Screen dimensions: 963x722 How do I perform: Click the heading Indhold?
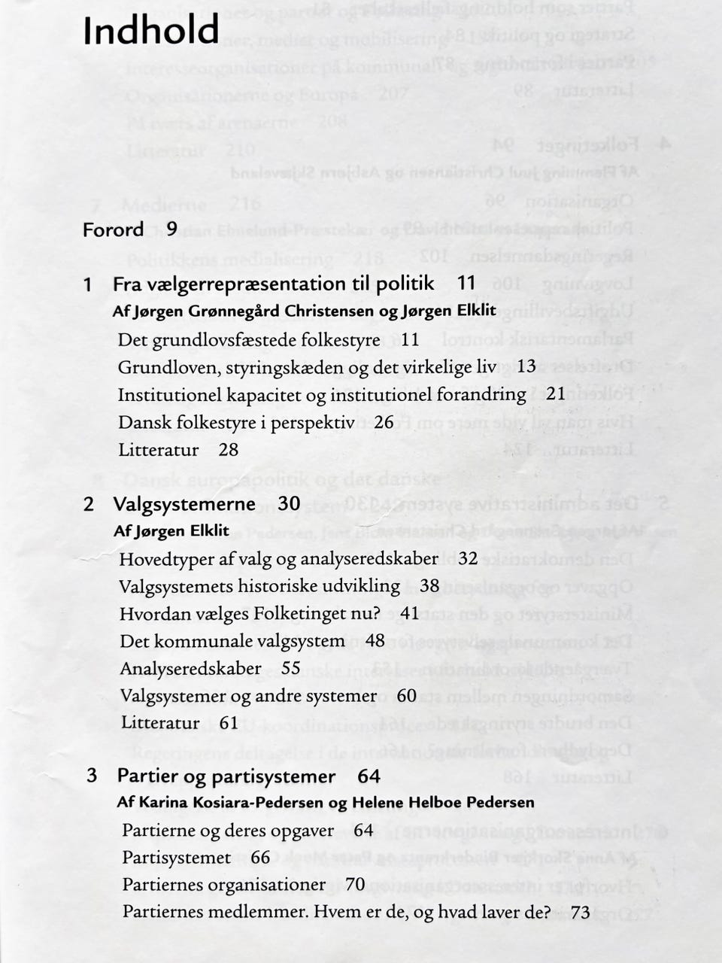pyautogui.click(x=151, y=31)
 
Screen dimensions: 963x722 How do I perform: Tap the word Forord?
pyautogui.click(x=114, y=229)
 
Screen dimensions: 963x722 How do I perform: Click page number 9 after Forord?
pyautogui.click(x=172, y=229)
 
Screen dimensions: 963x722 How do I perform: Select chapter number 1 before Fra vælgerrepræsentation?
pyautogui.click(x=88, y=284)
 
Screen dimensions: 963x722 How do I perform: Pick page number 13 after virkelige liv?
pyautogui.click(x=526, y=366)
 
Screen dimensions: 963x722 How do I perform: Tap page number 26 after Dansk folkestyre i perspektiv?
pyautogui.click(x=384, y=422)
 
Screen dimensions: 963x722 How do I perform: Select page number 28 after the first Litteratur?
pyautogui.click(x=229, y=450)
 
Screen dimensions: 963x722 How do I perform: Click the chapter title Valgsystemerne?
pyautogui.click(x=184, y=503)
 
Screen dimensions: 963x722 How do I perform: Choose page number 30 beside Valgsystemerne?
pyautogui.click(x=289, y=503)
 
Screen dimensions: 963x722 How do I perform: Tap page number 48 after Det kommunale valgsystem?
pyautogui.click(x=375, y=641)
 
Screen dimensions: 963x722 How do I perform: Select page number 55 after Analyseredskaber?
pyautogui.click(x=291, y=668)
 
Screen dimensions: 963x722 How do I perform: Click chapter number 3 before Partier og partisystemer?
pyautogui.click(x=92, y=775)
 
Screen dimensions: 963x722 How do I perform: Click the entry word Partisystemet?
pyautogui.click(x=176, y=858)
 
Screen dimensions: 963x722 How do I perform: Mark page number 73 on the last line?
pyautogui.click(x=581, y=913)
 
